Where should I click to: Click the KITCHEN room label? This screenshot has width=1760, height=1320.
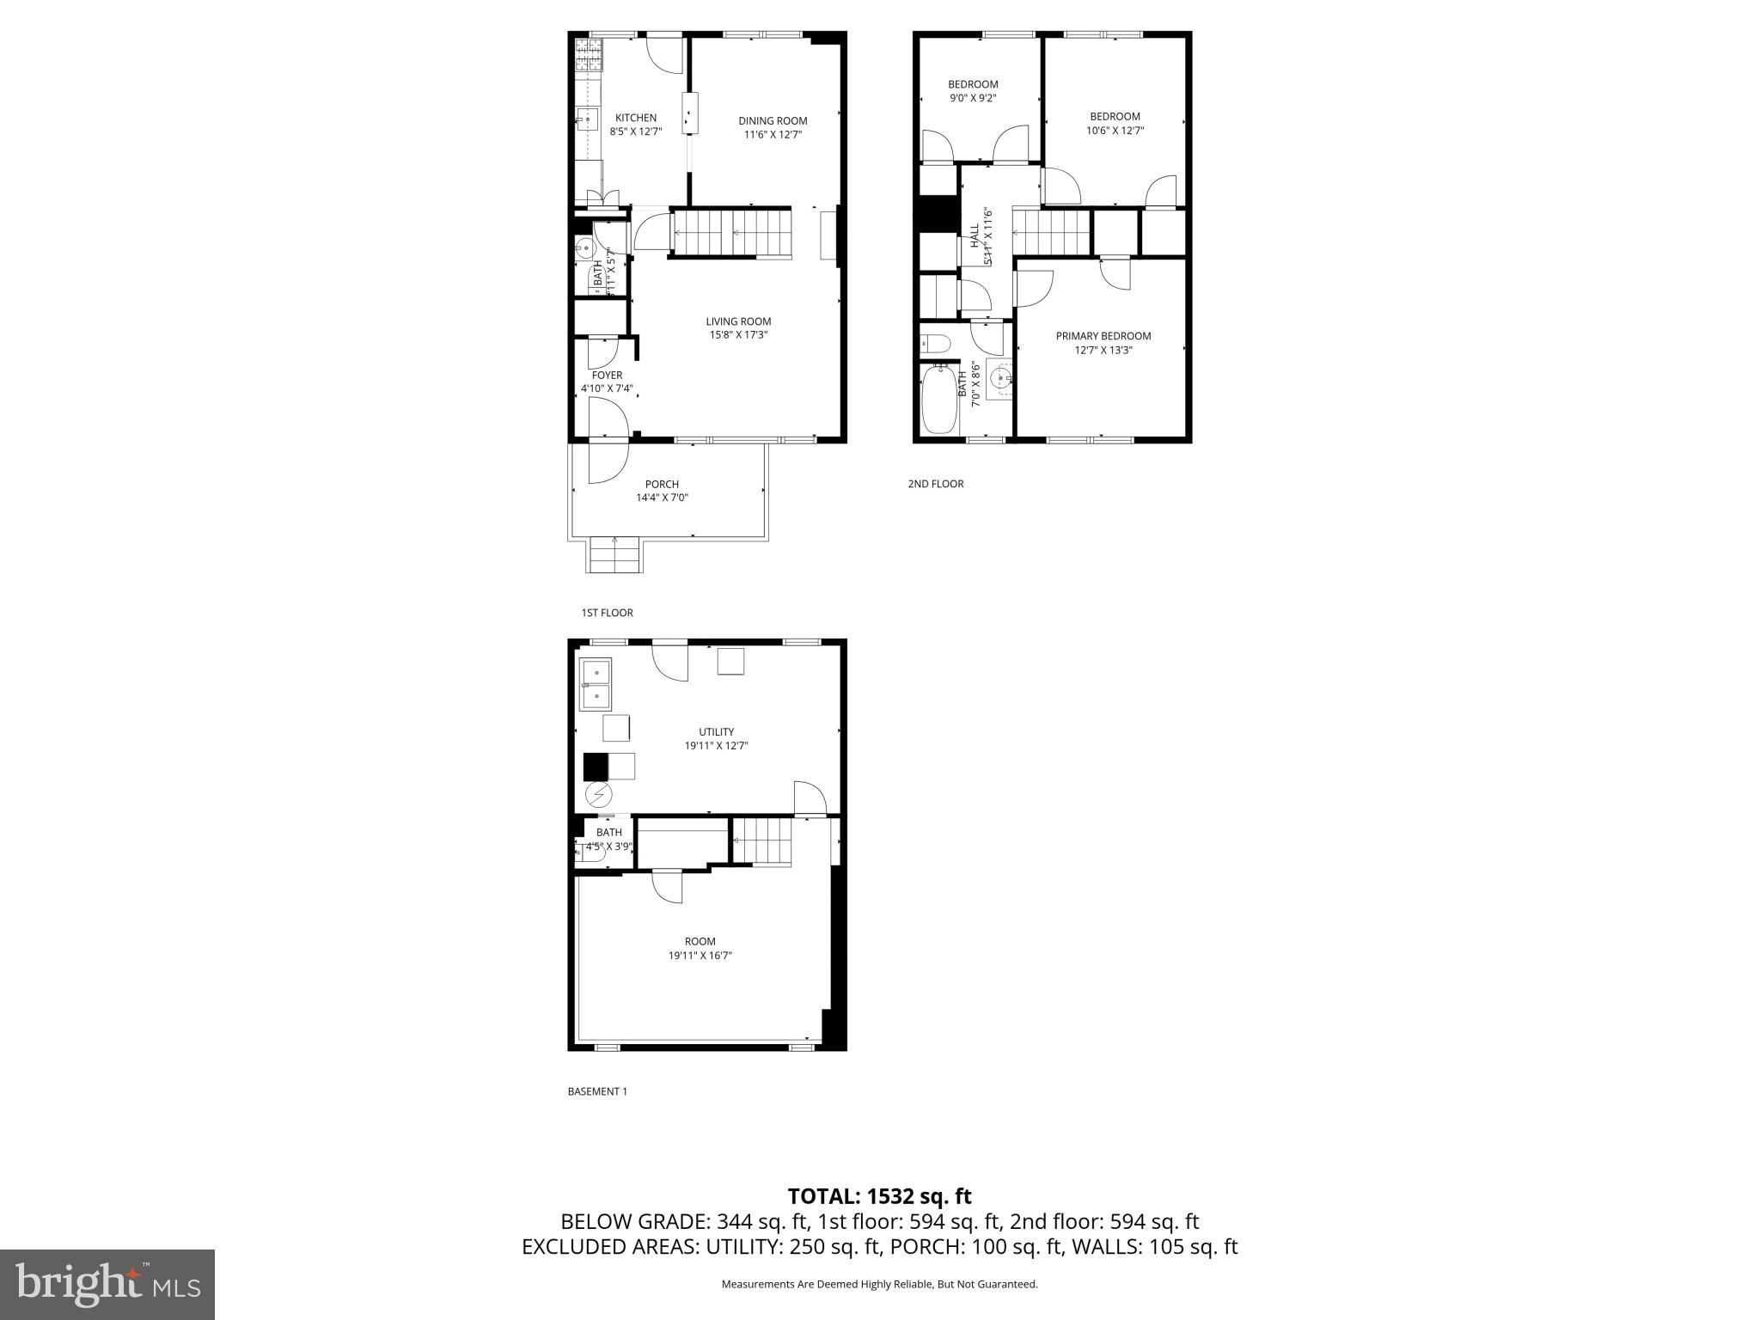636,118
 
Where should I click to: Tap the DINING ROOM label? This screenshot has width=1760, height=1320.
773,121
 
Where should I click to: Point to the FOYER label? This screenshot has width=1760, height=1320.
607,376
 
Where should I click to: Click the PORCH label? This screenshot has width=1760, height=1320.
662,485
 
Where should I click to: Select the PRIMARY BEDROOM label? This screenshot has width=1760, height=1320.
1103,336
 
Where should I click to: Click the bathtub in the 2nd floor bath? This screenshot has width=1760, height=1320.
938,400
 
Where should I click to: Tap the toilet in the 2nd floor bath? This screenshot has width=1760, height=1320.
935,345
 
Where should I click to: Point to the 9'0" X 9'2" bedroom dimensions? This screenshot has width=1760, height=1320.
973,98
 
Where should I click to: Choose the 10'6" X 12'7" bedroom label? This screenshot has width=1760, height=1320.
1115,117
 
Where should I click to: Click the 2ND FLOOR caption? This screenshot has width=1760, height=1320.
936,484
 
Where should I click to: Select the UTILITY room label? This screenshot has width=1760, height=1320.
716,732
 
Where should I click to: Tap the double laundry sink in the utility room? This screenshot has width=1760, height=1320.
595,684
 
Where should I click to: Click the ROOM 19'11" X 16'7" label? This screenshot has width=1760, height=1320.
700,941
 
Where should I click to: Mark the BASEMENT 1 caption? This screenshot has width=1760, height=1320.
597,1091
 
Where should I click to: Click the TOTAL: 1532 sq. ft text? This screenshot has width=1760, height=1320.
879,1196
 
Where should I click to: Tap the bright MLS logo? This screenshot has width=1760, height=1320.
107,1284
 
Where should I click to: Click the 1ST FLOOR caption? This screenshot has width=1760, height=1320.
607,613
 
